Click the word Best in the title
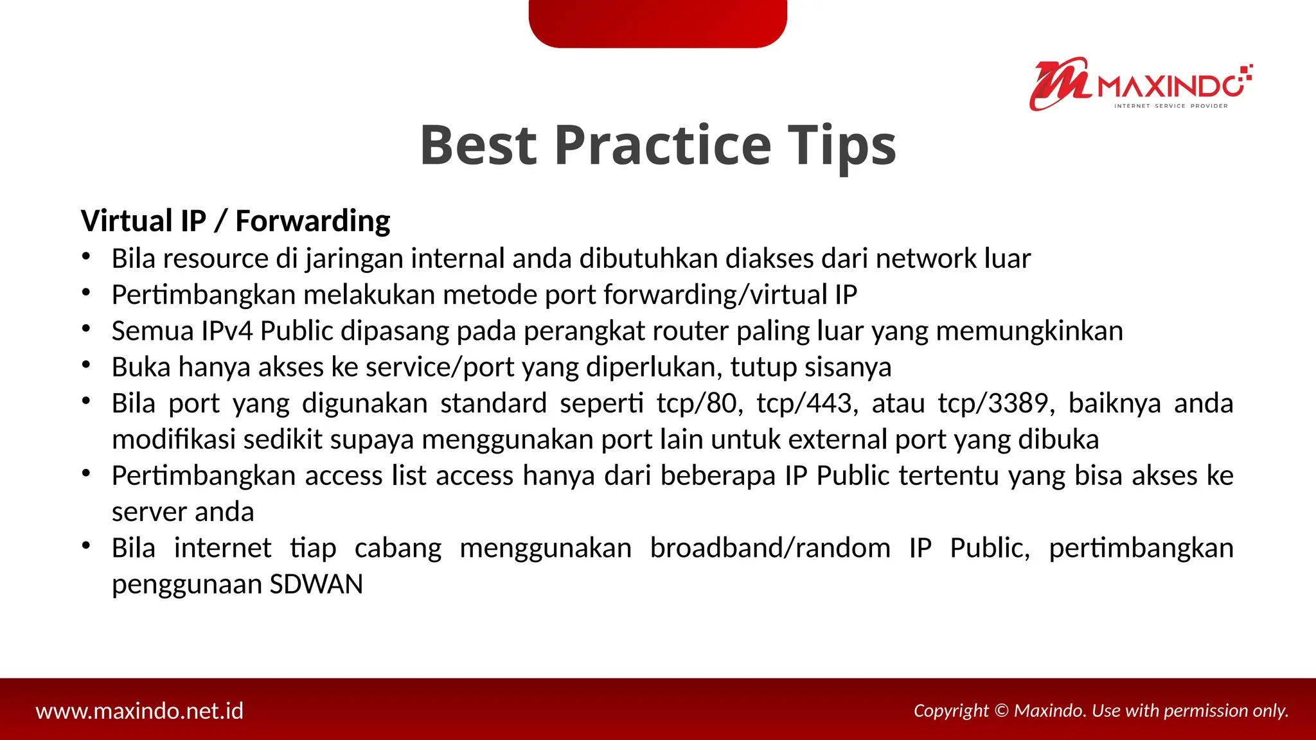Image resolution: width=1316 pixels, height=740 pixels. [x=478, y=146]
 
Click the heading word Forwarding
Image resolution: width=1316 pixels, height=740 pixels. [x=312, y=221]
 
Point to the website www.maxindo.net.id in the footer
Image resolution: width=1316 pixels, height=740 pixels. [x=139, y=711]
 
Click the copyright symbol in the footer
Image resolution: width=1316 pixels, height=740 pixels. [x=1001, y=710]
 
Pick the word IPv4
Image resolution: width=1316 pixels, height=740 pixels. [x=226, y=331]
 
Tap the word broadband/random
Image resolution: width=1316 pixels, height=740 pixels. [x=770, y=549]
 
